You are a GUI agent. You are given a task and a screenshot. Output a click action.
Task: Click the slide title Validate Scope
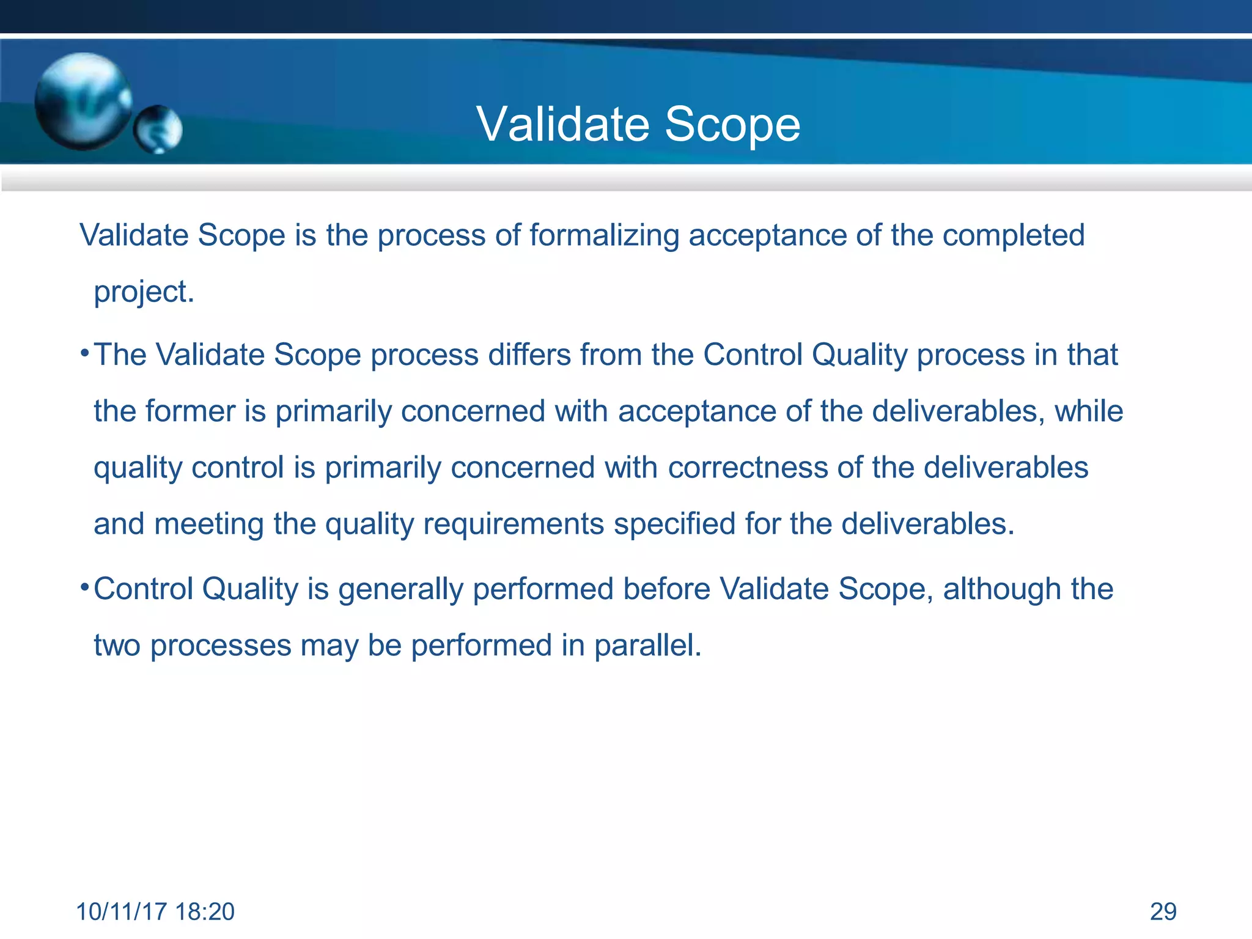click(638, 124)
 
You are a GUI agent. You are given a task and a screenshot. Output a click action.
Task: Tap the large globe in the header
click(83, 101)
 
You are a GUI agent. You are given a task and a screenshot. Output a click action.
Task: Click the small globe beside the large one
click(158, 129)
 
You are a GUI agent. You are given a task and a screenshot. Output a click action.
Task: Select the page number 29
click(1163, 911)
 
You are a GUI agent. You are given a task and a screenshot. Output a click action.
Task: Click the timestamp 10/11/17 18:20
click(155, 911)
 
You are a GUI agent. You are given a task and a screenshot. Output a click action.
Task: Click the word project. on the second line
click(144, 292)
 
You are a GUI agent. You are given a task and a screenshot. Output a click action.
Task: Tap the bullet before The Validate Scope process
click(85, 353)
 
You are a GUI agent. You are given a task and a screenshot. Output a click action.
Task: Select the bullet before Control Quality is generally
click(85, 587)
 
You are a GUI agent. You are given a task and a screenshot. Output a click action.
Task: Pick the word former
click(190, 411)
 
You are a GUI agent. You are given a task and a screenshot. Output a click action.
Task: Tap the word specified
click(674, 525)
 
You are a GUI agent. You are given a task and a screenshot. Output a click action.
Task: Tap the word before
click(666, 589)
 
